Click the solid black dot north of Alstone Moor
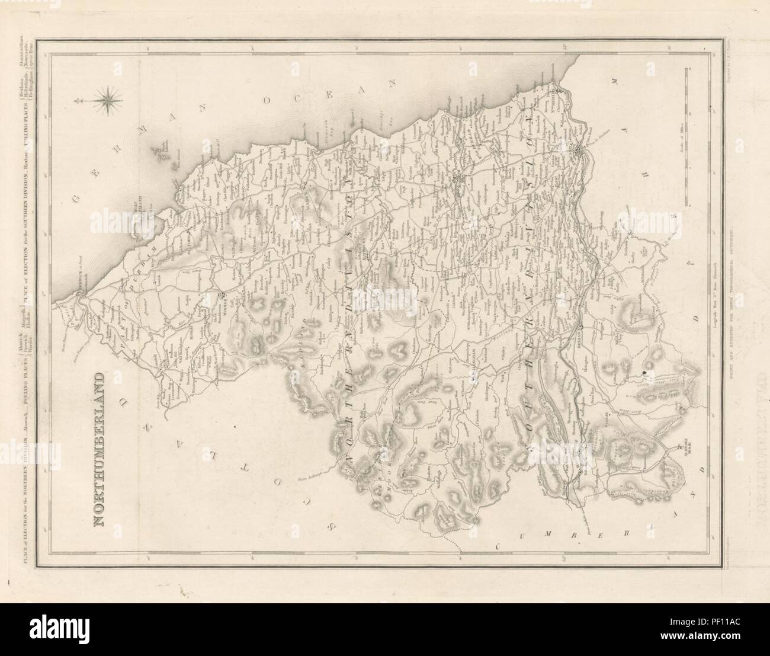(x=644, y=372)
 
